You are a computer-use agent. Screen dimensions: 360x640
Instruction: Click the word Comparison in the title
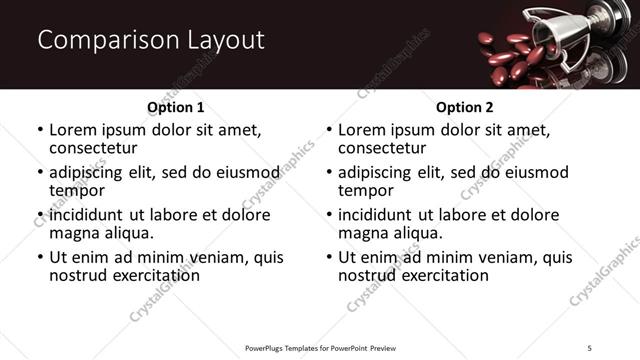[101, 41]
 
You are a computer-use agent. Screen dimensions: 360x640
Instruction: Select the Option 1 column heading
[175, 106]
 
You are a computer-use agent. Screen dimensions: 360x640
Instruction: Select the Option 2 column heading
[464, 106]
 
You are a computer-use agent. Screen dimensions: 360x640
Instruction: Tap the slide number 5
[590, 348]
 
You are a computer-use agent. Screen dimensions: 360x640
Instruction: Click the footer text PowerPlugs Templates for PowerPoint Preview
[321, 348]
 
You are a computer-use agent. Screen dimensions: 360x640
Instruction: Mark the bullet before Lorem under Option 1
[39, 130]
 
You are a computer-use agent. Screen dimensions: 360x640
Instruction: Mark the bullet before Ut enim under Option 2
[328, 257]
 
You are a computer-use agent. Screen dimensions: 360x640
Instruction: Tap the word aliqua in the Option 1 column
[129, 233]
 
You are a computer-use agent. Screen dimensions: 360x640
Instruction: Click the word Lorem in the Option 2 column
[364, 130]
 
